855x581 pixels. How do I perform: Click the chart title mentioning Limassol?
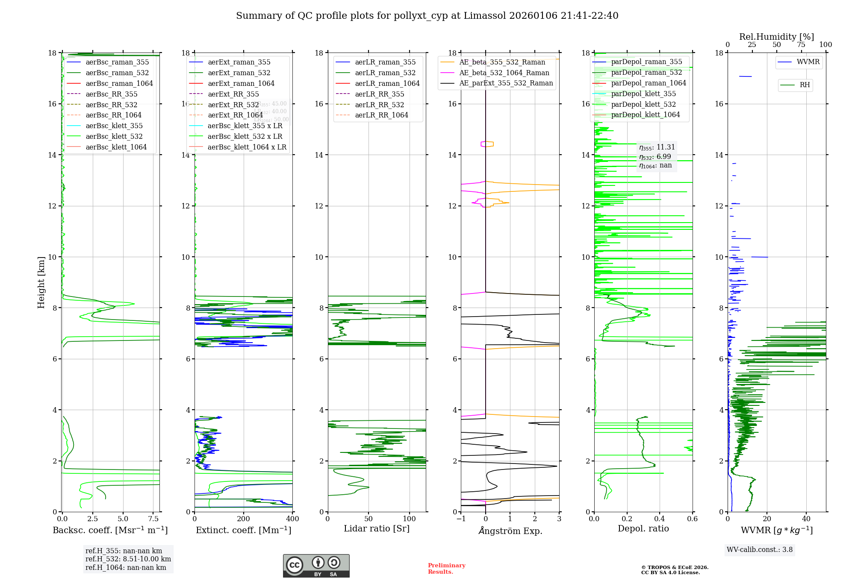(x=427, y=16)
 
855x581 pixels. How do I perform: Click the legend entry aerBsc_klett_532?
(x=114, y=136)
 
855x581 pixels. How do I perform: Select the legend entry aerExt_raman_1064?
(x=241, y=83)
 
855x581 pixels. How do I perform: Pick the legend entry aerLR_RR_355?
(x=379, y=94)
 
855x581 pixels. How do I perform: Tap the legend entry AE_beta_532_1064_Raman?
(x=504, y=73)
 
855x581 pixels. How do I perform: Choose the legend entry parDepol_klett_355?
(x=643, y=94)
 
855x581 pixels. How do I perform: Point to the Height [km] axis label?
(x=41, y=282)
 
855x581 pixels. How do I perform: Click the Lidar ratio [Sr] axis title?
(x=377, y=528)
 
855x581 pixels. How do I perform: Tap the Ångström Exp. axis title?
(x=510, y=531)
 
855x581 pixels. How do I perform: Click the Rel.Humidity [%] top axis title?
(x=776, y=37)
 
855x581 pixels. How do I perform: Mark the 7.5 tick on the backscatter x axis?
(x=153, y=519)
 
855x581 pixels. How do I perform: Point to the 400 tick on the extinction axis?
(x=292, y=519)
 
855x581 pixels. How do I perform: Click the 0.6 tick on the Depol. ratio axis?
(x=692, y=519)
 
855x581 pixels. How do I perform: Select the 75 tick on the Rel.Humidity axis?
(x=801, y=45)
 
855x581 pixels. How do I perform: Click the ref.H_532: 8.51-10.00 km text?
(x=128, y=559)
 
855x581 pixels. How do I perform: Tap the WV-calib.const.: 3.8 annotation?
(x=760, y=550)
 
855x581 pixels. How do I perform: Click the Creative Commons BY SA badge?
(x=316, y=566)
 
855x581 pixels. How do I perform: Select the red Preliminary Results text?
(x=446, y=569)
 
